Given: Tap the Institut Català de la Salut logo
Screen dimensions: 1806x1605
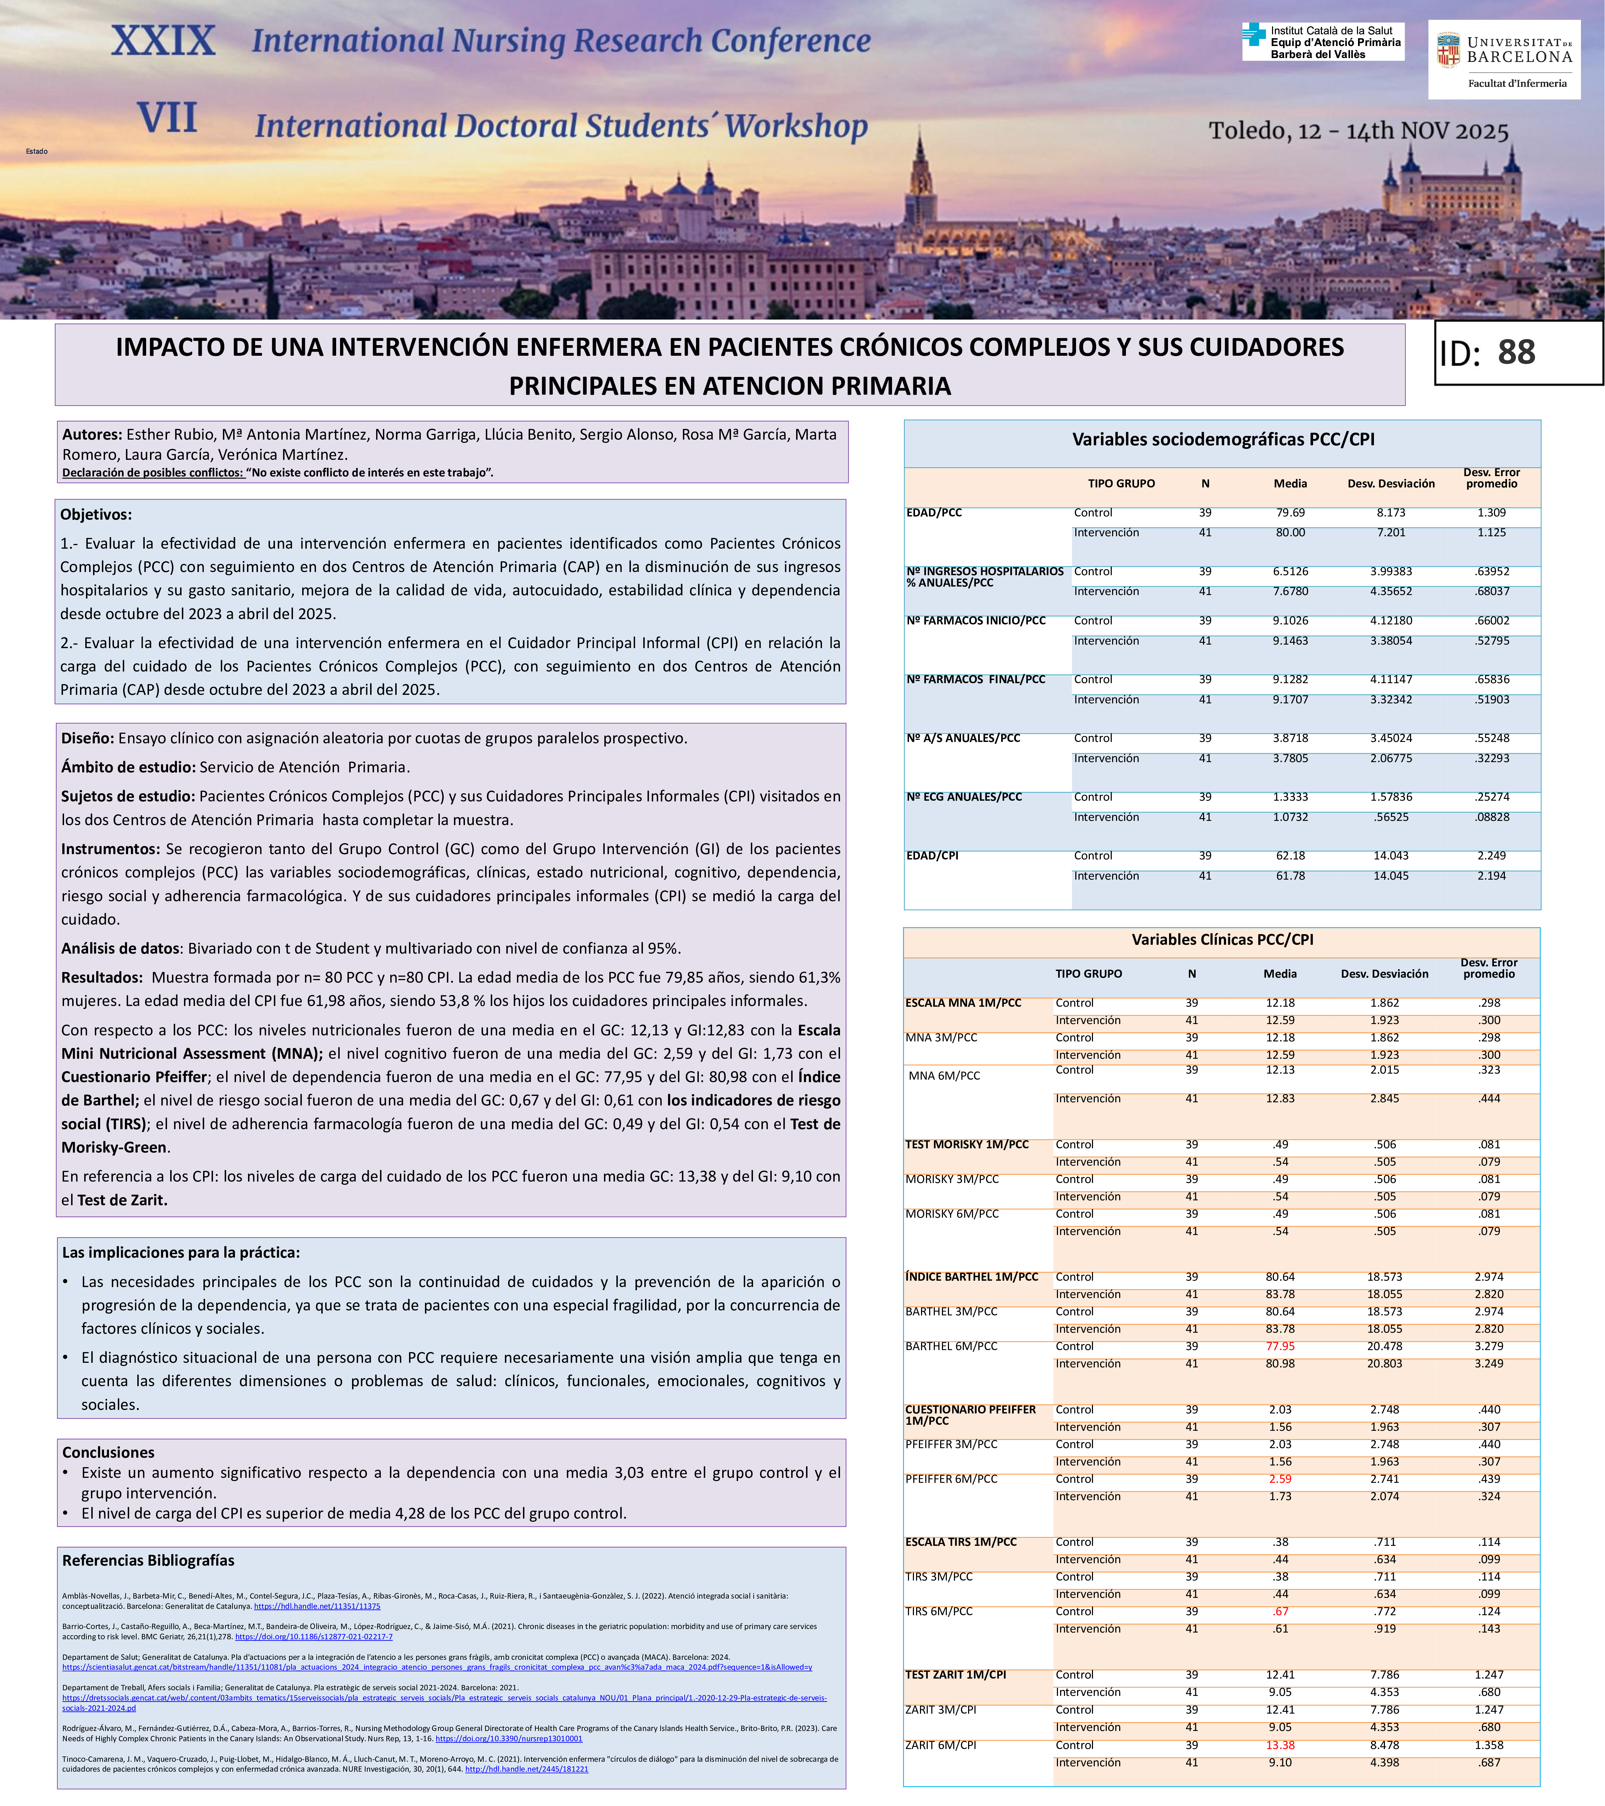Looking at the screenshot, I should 1322,41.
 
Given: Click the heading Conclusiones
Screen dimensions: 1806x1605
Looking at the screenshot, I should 108,1452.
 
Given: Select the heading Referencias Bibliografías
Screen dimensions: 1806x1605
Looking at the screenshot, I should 148,1560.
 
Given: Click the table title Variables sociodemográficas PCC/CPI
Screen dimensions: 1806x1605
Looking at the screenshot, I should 1223,439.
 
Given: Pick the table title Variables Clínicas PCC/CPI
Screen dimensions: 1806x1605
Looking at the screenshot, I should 1223,939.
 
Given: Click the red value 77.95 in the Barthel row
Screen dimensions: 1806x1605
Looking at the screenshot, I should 1280,1346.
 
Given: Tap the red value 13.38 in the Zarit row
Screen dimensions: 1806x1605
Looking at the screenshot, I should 1280,1745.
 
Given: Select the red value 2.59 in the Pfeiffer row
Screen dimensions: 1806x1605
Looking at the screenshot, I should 1280,1478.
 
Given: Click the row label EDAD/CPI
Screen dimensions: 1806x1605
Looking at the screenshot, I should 932,855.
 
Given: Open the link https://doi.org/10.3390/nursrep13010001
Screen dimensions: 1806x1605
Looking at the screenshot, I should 509,1738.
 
